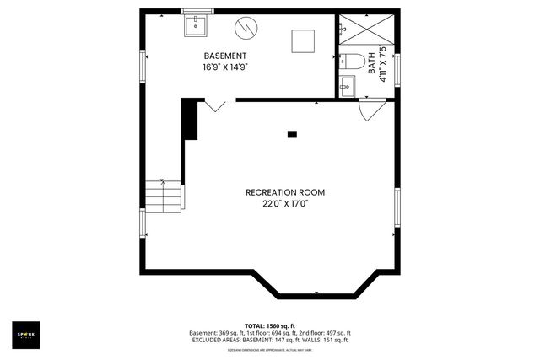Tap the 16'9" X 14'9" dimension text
224,67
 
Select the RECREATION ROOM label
284,192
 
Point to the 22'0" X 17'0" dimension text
284,204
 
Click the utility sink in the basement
197,25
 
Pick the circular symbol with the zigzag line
246,28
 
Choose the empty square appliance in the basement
302,40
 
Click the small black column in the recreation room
292,133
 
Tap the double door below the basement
214,105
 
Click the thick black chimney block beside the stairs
191,119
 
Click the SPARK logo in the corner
26,336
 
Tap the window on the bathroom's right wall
397,69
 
